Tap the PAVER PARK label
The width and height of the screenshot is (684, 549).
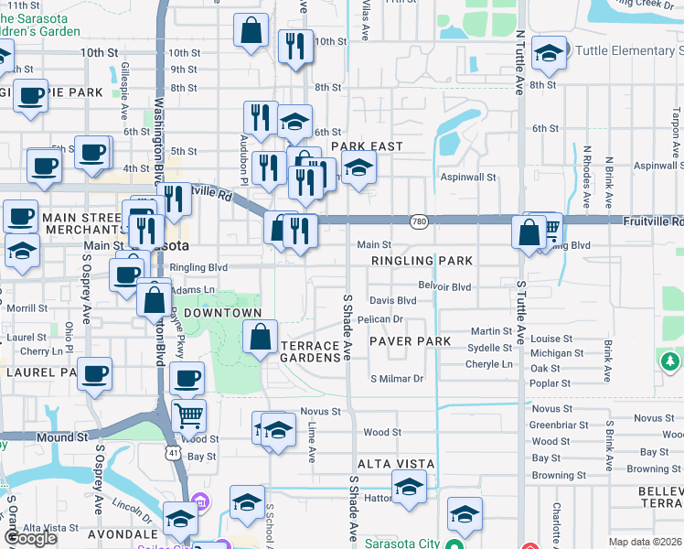click(411, 341)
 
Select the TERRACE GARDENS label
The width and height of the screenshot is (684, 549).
click(310, 351)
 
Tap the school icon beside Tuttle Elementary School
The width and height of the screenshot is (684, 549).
click(550, 53)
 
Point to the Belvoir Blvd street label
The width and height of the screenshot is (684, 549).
click(444, 286)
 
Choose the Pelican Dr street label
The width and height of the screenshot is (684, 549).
click(380, 319)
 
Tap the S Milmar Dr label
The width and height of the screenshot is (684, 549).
click(397, 379)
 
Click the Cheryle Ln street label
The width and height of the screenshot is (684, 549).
click(489, 363)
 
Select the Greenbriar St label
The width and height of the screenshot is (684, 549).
click(551, 425)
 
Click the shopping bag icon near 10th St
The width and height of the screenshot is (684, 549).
click(251, 31)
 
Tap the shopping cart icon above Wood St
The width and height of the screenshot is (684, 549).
click(188, 415)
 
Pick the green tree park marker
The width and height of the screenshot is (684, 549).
click(670, 362)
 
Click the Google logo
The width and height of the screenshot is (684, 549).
click(30, 538)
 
